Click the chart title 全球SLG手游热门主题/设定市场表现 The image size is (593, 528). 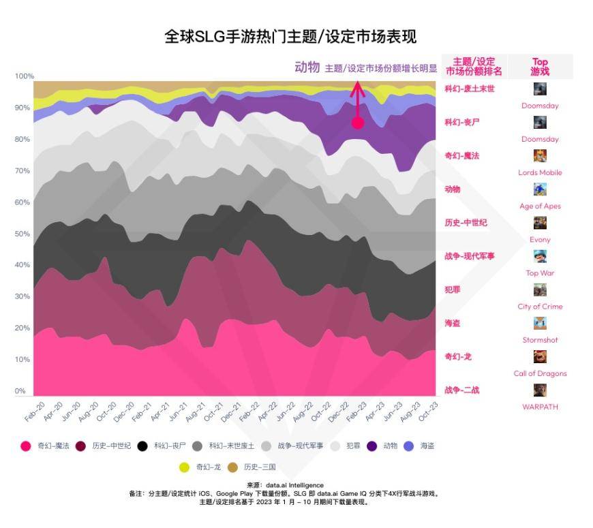(x=290, y=37)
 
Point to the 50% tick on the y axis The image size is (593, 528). (x=22, y=234)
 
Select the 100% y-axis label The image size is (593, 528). (x=25, y=76)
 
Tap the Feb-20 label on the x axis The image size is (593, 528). (x=35, y=412)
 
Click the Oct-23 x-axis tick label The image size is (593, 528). (x=429, y=411)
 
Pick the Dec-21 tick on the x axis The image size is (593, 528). (x=230, y=412)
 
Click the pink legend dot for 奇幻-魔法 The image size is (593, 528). (x=26, y=446)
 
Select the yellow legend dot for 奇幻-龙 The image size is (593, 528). (x=184, y=467)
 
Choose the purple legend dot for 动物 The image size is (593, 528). (x=372, y=446)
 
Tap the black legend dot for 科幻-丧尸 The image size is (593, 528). (x=142, y=446)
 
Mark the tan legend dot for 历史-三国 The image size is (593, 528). (x=232, y=467)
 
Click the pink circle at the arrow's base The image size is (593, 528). (x=358, y=123)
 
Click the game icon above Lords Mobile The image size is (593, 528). (x=540, y=156)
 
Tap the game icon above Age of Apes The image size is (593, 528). (x=540, y=189)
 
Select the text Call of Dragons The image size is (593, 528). (x=540, y=373)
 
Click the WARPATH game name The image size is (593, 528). (x=540, y=407)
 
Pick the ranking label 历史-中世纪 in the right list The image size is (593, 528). (x=466, y=223)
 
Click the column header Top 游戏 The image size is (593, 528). (x=540, y=67)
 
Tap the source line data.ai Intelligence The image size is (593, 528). (x=285, y=485)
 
